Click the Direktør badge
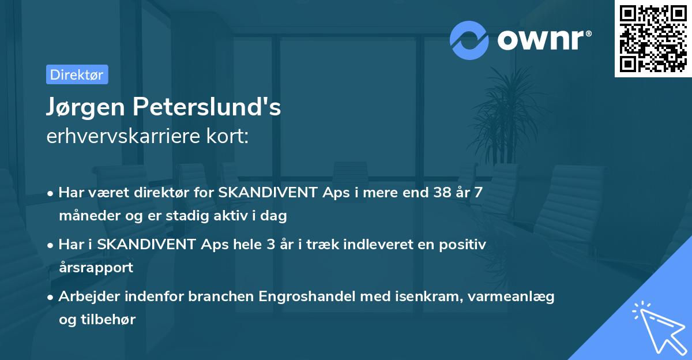pos(77,74)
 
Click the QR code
pos(653,38)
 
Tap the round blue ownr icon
pos(469,40)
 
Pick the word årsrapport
pos(96,267)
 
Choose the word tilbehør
pos(110,319)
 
